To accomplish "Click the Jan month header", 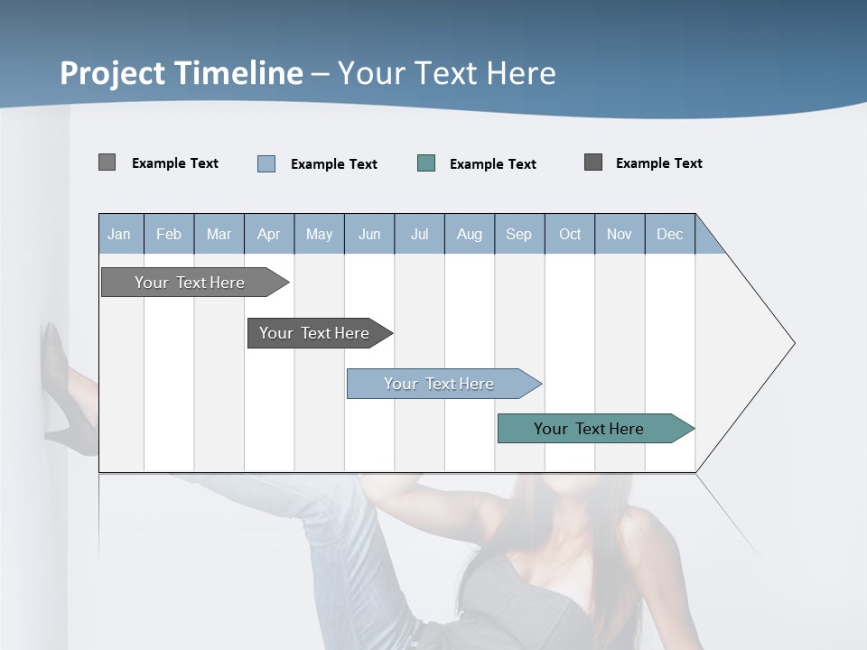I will point(119,234).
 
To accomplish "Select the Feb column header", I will point(169,234).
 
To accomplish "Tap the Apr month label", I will point(268,234).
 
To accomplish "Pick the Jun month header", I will point(369,234).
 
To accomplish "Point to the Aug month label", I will point(469,234).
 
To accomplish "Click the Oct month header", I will point(570,234).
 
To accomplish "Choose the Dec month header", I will point(669,234).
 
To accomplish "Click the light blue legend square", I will point(266,163).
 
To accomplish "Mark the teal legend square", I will point(426,163).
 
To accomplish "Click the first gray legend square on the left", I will point(107,162).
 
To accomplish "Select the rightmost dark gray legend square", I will point(593,162).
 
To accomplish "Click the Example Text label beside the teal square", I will point(492,164).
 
